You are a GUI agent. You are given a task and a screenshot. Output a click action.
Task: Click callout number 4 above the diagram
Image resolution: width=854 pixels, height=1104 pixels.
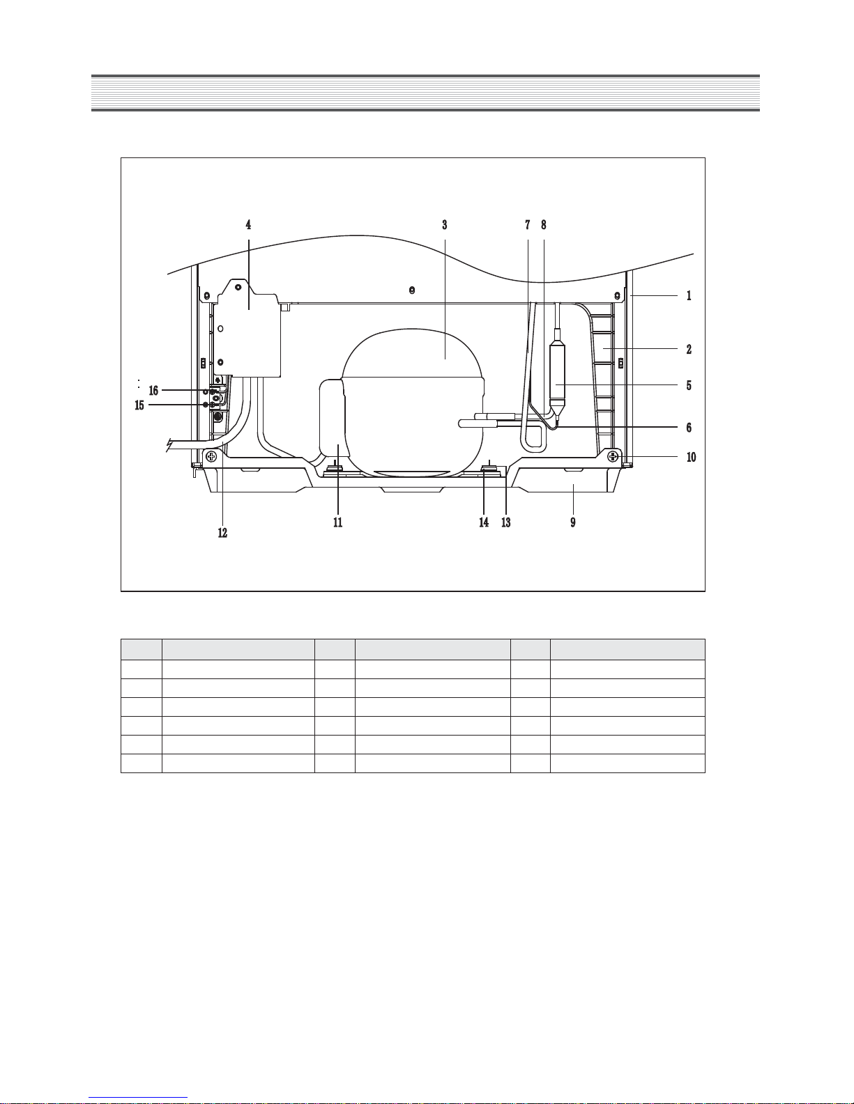[x=248, y=224]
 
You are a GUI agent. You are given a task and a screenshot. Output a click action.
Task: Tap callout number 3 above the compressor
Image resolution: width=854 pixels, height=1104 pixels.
[x=444, y=224]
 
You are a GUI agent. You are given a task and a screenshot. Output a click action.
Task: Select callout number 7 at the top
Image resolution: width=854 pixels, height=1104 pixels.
[x=528, y=224]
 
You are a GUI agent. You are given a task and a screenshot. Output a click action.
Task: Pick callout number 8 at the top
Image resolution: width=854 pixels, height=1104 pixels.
[x=543, y=224]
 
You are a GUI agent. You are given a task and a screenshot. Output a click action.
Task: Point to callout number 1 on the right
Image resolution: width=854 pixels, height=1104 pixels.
[x=689, y=296]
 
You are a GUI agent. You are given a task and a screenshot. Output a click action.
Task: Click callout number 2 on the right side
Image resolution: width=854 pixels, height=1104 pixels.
[x=689, y=350]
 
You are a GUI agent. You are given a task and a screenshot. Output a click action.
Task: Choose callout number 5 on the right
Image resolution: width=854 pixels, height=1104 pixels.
[x=689, y=386]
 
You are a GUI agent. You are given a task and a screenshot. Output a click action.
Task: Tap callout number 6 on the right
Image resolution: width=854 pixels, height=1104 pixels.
[x=689, y=428]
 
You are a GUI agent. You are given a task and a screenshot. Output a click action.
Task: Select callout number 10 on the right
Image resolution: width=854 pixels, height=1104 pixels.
[x=691, y=457]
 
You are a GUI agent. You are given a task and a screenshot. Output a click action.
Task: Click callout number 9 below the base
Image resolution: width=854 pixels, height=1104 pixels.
[x=573, y=522]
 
